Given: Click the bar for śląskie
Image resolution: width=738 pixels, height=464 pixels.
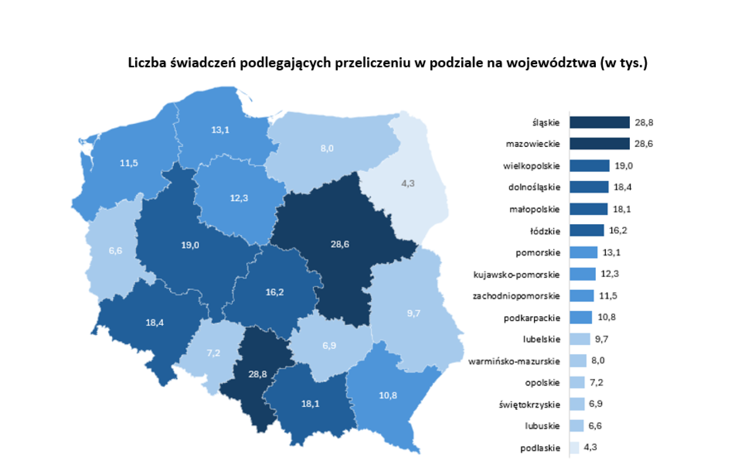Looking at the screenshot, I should pos(599,122).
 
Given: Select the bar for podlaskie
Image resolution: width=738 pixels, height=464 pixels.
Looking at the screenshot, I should pos(574,448).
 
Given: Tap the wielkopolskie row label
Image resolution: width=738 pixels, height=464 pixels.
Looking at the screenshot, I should pos(531,166).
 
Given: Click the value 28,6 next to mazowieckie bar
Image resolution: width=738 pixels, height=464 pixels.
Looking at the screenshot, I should pos(644,144).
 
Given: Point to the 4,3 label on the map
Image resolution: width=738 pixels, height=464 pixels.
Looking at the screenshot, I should pos(407,183).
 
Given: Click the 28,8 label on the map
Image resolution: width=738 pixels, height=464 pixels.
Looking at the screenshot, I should pos(258,374).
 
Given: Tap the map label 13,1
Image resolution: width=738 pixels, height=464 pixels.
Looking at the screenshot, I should pos(220,130).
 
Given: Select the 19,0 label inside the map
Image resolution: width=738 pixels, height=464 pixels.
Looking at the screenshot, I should pos(190,245).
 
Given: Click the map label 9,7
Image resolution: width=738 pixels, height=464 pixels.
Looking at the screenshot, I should pos(413,313).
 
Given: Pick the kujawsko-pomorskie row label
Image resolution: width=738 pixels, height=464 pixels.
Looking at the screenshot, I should pos(516,275).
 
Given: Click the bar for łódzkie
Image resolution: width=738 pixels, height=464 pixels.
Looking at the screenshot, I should pos(586,231).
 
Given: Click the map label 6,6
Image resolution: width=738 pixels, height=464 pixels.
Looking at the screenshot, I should pos(115,250).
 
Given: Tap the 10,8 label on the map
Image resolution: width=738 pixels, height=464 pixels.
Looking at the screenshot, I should pos(388,395).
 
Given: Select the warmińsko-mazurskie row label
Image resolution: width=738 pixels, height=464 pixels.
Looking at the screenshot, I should pos(514,361).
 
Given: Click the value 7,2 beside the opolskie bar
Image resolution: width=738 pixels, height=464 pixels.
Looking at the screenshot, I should pos(596,382).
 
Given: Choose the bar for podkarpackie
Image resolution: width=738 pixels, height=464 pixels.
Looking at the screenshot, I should pos(580,317).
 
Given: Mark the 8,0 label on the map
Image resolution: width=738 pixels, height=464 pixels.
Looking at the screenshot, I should pos(327,148).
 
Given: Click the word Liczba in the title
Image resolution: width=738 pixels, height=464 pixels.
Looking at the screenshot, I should pos(147,63).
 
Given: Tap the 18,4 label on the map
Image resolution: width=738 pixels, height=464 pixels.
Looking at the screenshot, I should pos(155,323).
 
